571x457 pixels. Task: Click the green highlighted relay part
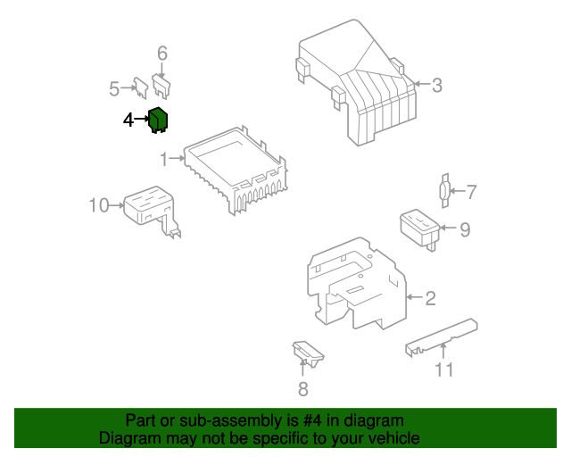click(x=160, y=119)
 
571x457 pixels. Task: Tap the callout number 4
click(x=128, y=119)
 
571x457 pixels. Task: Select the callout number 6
click(x=162, y=54)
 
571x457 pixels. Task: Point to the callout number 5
click(x=114, y=88)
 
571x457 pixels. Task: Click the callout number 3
click(x=437, y=86)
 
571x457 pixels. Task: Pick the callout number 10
click(x=98, y=206)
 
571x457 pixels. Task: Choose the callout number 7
click(x=472, y=191)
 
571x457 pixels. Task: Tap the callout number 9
click(x=464, y=229)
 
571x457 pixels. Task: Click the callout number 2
click(x=430, y=298)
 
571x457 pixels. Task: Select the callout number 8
click(x=302, y=388)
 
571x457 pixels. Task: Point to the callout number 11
click(x=443, y=370)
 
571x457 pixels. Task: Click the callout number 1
click(x=164, y=160)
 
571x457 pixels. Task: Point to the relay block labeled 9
click(x=418, y=226)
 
